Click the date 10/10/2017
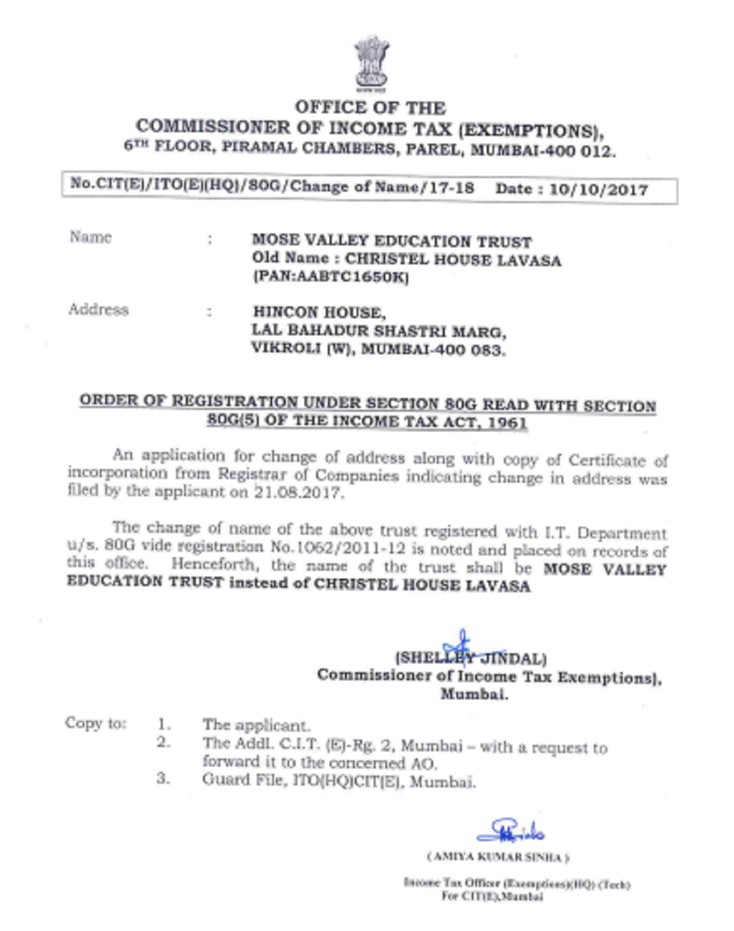point(598,190)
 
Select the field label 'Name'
point(91,237)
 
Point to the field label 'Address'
point(98,310)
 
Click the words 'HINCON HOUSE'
point(319,313)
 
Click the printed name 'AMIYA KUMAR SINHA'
point(498,858)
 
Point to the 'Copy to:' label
point(95,723)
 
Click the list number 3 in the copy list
point(162,779)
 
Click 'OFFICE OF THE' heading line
point(370,108)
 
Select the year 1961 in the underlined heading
point(507,423)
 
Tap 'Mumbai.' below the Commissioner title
point(474,695)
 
